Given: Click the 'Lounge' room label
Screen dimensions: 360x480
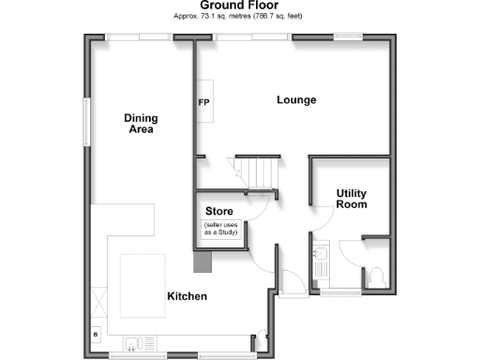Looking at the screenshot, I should click(296, 100).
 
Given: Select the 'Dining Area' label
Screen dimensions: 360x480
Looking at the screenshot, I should click(141, 124).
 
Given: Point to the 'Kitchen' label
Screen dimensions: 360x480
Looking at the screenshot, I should click(187, 296).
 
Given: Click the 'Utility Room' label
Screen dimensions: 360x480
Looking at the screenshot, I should click(352, 199).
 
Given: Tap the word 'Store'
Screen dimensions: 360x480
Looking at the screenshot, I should click(219, 211).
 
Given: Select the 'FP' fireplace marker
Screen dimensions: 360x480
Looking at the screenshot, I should click(202, 102).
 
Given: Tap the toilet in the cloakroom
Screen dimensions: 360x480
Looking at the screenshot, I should click(375, 276).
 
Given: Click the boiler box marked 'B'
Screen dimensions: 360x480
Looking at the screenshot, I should click(95, 334).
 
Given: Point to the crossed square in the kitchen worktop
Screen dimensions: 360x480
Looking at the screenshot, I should click(100, 302).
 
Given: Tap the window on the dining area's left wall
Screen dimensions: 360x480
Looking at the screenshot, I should click(87, 121).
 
